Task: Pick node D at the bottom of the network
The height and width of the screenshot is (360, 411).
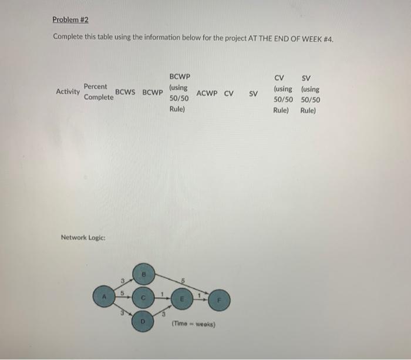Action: [x=142, y=321]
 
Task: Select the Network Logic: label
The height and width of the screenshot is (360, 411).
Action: [x=83, y=237]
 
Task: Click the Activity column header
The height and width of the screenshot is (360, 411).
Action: [x=68, y=91]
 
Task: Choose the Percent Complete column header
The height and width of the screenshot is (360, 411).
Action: [x=99, y=92]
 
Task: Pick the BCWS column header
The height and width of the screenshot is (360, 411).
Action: [x=126, y=92]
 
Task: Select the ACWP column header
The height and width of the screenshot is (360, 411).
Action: [x=208, y=93]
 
